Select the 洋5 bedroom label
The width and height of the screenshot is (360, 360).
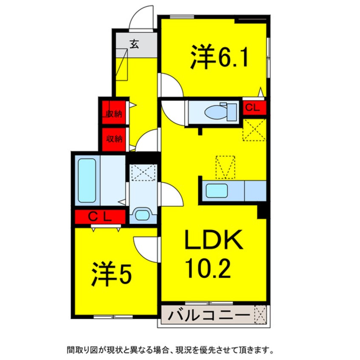tap(111, 275)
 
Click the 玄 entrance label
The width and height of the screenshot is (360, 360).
tap(134, 43)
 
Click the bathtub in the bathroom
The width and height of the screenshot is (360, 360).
tap(87, 180)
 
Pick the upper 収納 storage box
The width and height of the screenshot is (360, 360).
tap(114, 113)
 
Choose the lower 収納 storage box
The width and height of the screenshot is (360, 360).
tap(114, 139)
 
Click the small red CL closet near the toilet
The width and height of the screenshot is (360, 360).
tap(254, 108)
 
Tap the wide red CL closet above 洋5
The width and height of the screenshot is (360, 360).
tap(100, 217)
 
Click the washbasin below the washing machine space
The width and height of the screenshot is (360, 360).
tap(142, 214)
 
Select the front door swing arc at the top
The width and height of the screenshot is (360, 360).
tap(141, 18)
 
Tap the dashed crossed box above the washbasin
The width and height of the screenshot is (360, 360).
tap(143, 173)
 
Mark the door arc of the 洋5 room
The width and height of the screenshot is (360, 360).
tap(146, 249)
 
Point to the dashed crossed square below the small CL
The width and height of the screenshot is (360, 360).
tap(254, 129)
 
